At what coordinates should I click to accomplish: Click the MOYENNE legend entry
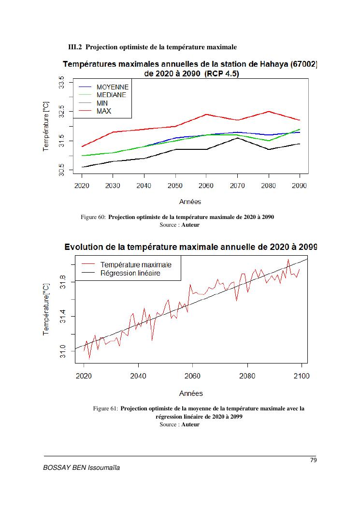(112, 87)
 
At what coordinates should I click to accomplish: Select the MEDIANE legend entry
(111, 95)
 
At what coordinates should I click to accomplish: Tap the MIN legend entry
(102, 103)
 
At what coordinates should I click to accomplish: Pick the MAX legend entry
(103, 111)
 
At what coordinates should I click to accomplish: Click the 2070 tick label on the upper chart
(237, 186)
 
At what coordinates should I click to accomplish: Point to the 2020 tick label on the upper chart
(82, 186)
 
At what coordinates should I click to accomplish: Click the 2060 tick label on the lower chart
(193, 376)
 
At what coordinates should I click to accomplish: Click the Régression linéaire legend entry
(130, 273)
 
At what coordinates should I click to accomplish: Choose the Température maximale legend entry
(136, 264)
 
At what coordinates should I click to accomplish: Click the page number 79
(313, 460)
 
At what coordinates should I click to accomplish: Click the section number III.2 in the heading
(75, 47)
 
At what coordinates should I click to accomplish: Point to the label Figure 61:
(105, 408)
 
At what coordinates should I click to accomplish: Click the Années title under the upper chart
(190, 202)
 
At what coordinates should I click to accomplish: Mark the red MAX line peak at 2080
(269, 112)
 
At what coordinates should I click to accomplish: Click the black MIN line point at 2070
(237, 138)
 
